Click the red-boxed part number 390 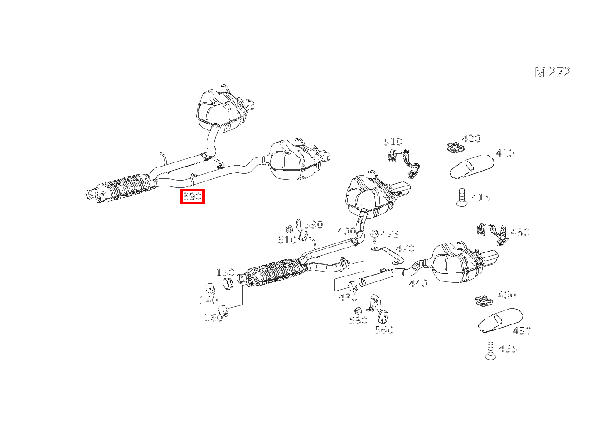point(192,197)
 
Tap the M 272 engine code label point(552,73)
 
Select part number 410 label point(505,153)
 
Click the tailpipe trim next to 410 point(470,166)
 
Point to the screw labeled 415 point(461,198)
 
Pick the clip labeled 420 point(452,146)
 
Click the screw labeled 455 point(490,351)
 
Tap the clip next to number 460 point(483,301)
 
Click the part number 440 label point(418,283)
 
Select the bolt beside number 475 point(375,236)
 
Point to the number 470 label point(405,248)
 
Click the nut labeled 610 point(289,229)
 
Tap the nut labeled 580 point(357,311)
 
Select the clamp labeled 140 point(210,289)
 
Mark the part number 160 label point(213,318)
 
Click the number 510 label point(393,142)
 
